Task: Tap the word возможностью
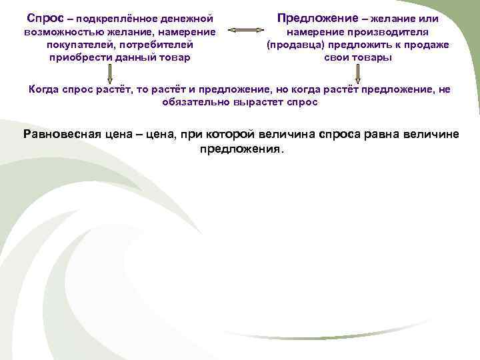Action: tap(59, 31)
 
